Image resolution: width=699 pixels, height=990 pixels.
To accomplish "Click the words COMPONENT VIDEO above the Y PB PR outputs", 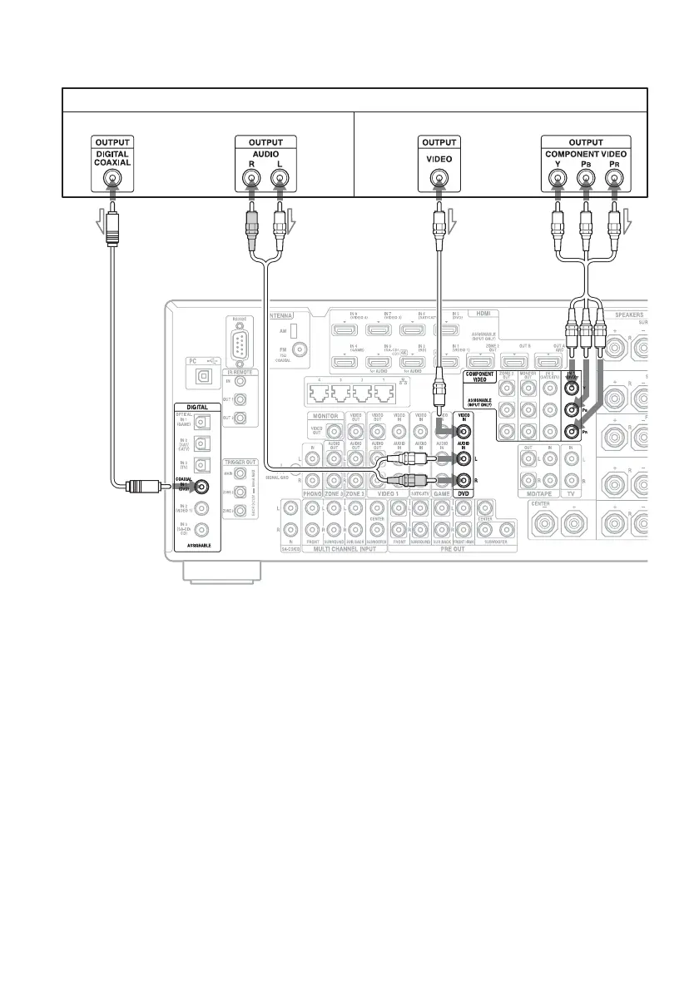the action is [585, 154].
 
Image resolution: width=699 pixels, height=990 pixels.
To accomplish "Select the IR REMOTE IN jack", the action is [240, 382].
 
